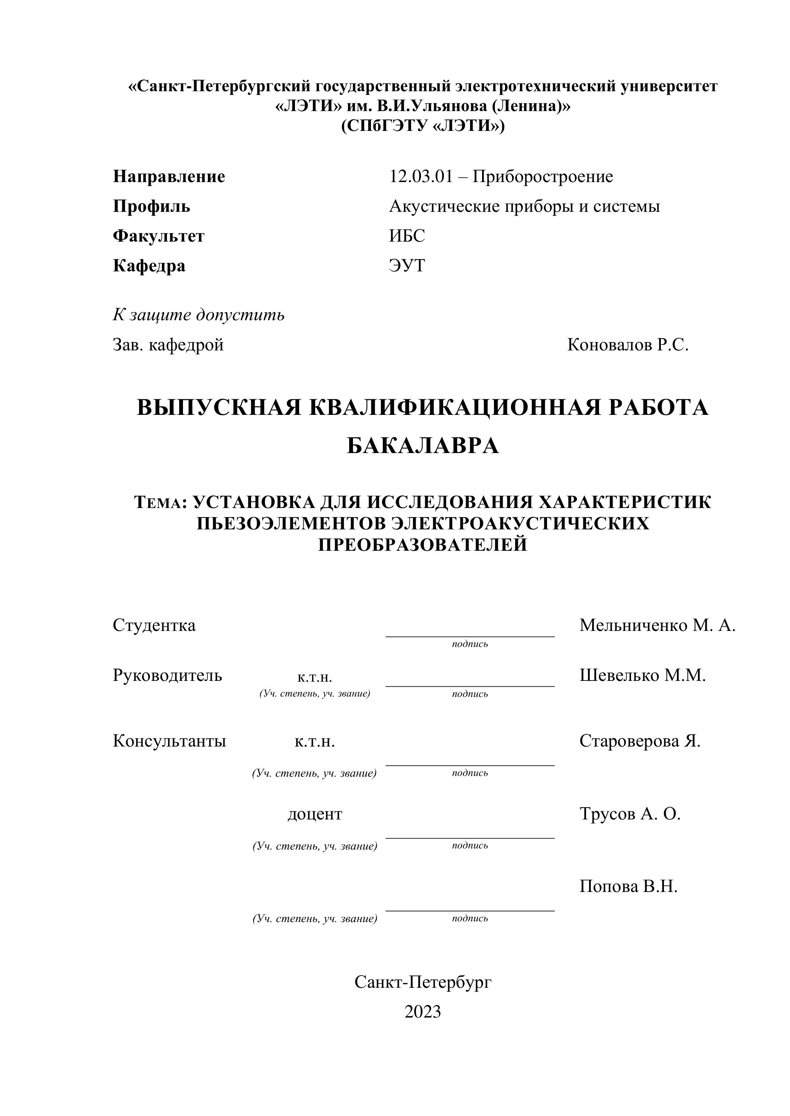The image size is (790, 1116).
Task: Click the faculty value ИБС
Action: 407,236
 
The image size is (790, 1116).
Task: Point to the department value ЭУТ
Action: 407,266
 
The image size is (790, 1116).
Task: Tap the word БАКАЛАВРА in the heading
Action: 423,446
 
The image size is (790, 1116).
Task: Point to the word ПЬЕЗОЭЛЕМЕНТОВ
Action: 290,524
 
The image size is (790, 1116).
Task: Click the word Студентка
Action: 154,626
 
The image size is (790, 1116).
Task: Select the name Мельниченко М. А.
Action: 657,626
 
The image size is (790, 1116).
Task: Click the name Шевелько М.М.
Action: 642,676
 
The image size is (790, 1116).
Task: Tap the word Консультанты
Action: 169,741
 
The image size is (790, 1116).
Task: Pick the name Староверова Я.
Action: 640,741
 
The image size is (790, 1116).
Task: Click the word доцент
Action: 315,814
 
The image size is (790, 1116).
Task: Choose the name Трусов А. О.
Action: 630,814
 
